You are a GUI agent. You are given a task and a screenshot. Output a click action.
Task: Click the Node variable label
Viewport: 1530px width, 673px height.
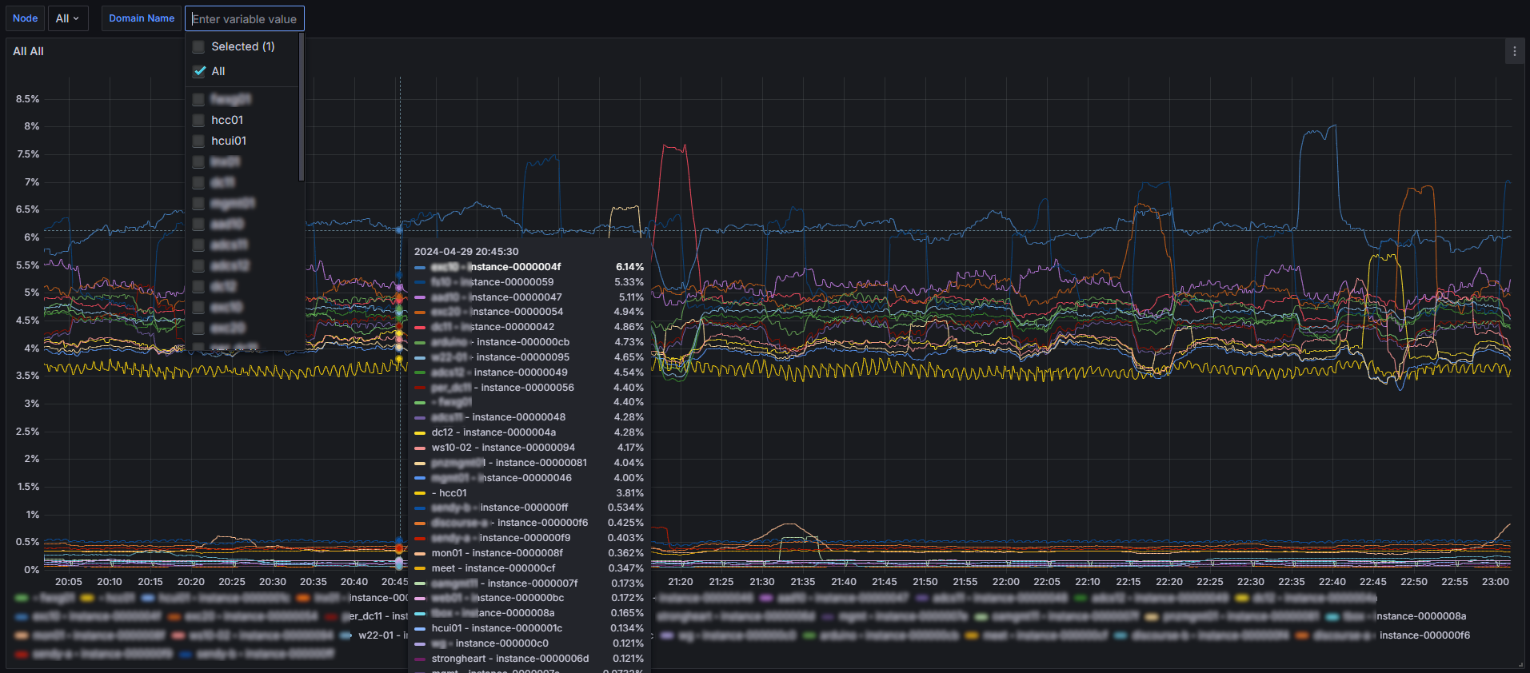coord(25,18)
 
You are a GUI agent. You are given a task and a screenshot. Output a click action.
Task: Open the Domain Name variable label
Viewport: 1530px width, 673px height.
coord(142,18)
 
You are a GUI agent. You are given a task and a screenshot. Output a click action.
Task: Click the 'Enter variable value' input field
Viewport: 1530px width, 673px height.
coord(245,18)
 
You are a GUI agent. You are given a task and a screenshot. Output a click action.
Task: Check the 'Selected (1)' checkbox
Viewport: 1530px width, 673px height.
coord(199,47)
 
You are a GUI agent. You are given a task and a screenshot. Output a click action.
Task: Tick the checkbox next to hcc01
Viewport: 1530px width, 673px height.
coord(199,120)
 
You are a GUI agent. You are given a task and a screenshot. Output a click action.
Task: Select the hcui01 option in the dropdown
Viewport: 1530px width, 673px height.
coord(229,141)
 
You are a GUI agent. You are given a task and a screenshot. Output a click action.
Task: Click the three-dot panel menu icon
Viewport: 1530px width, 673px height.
coord(1514,52)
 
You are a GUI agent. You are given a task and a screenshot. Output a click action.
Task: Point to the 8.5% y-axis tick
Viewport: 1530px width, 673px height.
coord(28,99)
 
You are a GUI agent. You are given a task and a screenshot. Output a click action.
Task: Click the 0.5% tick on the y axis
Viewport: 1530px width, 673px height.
coord(28,542)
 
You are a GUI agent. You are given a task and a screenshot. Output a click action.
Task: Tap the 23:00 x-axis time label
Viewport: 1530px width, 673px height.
coord(1495,582)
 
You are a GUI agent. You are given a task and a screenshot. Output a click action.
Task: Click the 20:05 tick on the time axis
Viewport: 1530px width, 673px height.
coord(69,582)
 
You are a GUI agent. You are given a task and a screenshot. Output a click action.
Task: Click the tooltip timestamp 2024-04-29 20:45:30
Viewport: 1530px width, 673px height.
coord(466,251)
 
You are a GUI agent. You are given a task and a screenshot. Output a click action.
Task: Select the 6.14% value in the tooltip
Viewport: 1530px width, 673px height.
coord(629,267)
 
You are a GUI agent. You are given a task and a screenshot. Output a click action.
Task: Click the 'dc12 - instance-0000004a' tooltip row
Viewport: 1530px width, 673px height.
coord(493,432)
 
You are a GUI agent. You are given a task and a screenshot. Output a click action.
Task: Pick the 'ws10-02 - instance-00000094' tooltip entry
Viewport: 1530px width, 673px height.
coord(503,448)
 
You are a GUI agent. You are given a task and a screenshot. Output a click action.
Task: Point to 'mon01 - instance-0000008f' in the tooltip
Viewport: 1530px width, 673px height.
coord(497,553)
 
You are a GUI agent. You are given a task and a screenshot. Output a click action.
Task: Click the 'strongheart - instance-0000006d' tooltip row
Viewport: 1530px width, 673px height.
coord(509,659)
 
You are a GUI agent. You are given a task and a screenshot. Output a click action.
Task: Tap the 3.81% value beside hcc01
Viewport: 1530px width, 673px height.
coord(629,493)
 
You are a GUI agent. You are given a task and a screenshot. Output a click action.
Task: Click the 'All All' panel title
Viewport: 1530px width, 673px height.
coord(29,51)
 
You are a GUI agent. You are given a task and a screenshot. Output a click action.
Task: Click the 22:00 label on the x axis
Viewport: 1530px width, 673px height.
coord(1005,582)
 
